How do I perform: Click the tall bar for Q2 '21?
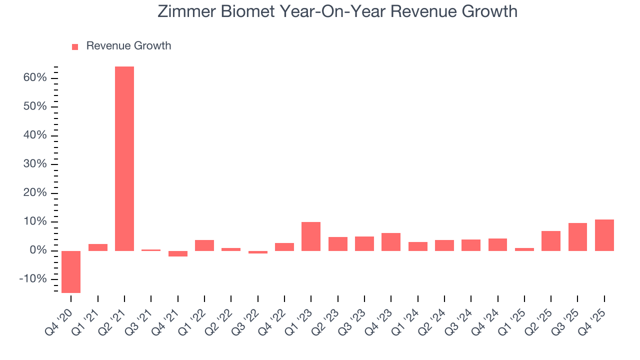(x=124, y=158)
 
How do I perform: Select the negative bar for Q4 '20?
(x=71, y=271)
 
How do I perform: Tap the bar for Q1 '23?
(x=311, y=236)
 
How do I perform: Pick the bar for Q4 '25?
(x=604, y=235)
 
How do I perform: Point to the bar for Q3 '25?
(x=577, y=236)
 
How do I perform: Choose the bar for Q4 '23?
(x=391, y=241)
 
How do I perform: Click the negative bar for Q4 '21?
(x=178, y=253)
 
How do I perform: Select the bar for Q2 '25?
(x=551, y=240)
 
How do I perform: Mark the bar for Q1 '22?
(x=204, y=245)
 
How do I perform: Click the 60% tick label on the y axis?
(x=35, y=78)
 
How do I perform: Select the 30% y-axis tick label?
(x=35, y=164)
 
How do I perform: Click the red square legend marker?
(x=75, y=46)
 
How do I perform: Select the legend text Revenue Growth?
(x=128, y=46)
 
